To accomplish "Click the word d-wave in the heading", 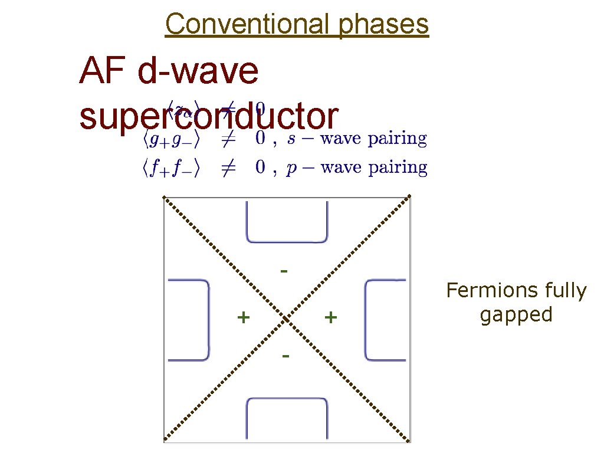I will tap(198, 71).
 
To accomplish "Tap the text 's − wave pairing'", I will tap(356, 139).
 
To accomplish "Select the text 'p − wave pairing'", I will tap(356, 168).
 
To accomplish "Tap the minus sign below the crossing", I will tap(285, 356).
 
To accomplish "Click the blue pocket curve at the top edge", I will tap(287, 241).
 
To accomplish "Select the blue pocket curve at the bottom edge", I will tap(287, 401).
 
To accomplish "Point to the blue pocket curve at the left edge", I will tap(208, 319).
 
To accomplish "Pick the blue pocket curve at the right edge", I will tap(367, 319).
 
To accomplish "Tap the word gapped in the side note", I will tap(516, 314).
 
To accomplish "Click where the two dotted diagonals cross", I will tap(287, 319).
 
